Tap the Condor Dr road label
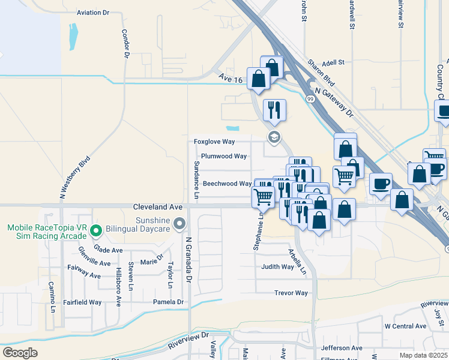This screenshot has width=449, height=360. tap(126, 43)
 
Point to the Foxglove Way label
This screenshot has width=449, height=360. tap(214, 142)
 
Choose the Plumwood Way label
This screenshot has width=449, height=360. tap(224, 156)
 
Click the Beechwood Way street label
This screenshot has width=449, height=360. tap(227, 184)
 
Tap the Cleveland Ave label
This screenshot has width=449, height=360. tap(158, 206)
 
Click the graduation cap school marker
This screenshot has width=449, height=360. tap(274, 138)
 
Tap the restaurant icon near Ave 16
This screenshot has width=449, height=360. tap(274, 110)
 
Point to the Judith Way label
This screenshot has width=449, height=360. tap(277, 267)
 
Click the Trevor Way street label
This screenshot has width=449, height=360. tap(291, 293)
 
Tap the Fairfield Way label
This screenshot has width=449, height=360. tap(83, 302)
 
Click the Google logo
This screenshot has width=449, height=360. tap(20, 353)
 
